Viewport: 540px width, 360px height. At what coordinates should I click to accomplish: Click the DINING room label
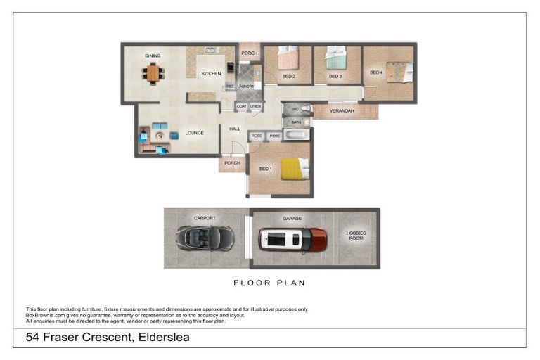[153, 56]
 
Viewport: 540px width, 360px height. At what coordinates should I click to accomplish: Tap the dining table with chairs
[153, 73]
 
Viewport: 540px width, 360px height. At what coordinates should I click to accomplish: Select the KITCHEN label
[211, 73]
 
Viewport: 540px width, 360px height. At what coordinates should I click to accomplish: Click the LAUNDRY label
[245, 86]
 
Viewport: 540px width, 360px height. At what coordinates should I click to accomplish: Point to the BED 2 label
[288, 76]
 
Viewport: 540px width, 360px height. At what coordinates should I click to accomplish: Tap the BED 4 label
[376, 72]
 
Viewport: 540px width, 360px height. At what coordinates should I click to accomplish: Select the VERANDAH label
[341, 111]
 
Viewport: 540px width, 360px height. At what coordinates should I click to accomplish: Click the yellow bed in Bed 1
[295, 169]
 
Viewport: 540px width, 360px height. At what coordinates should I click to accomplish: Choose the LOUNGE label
[195, 133]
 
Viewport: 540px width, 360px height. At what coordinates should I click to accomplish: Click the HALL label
[235, 129]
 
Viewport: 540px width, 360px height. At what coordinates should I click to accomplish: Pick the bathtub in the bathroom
[297, 134]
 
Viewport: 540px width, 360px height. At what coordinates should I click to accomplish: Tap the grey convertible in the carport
[205, 238]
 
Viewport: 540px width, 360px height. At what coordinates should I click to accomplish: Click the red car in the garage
[292, 240]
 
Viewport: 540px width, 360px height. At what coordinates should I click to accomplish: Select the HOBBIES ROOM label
[356, 236]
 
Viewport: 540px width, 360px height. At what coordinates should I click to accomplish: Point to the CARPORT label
[205, 218]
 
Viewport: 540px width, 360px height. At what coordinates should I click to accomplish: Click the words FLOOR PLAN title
[269, 283]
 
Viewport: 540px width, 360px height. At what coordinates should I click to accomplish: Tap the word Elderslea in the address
[161, 337]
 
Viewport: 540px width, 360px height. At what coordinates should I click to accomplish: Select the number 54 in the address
[32, 337]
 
